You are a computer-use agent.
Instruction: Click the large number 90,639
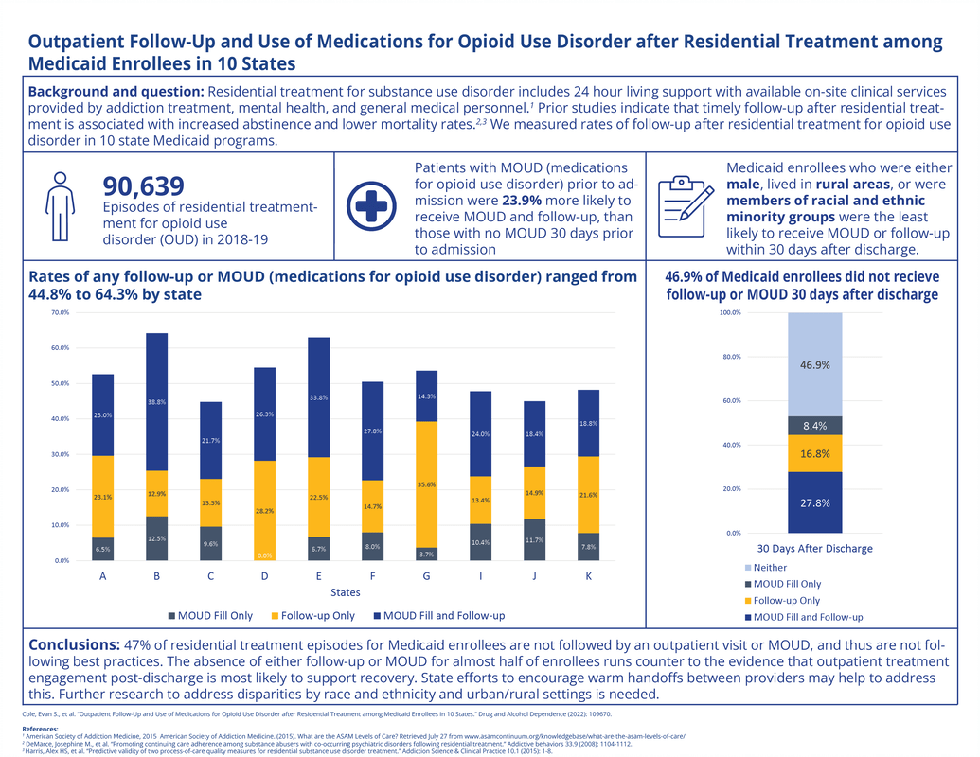[142, 185]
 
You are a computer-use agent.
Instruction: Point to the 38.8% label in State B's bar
[156, 402]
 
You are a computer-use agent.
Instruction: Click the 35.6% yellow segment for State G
[427, 484]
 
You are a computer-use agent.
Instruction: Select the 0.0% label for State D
[264, 555]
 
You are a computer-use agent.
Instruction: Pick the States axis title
[345, 592]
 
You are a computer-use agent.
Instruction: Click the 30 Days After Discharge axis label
[815, 548]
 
